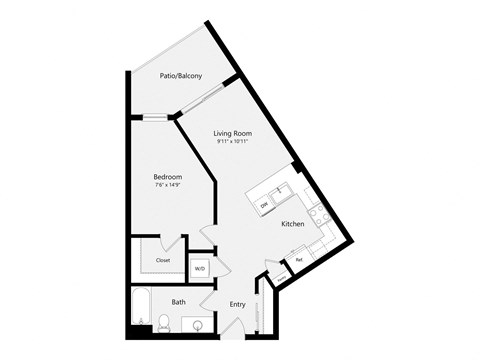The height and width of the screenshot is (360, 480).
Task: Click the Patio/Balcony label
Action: (182, 75)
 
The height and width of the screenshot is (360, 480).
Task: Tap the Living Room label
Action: (232, 133)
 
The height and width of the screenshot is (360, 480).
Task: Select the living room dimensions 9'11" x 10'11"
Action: (232, 142)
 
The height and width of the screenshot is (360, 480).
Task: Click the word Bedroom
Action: (168, 177)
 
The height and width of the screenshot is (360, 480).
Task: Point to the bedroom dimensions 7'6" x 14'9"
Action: (168, 186)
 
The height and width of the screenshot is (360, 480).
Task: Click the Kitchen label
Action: (292, 224)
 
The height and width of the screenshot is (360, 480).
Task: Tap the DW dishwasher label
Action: (264, 205)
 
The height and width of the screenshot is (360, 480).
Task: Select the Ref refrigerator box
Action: (298, 261)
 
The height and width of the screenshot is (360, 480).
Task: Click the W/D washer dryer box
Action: (199, 268)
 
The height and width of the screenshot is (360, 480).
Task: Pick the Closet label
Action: (163, 260)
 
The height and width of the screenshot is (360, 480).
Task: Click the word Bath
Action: (178, 301)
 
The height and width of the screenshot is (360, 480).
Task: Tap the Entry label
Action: (237, 304)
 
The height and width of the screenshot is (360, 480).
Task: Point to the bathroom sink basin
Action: (198, 325)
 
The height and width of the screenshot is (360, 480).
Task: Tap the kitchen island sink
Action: (281, 190)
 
